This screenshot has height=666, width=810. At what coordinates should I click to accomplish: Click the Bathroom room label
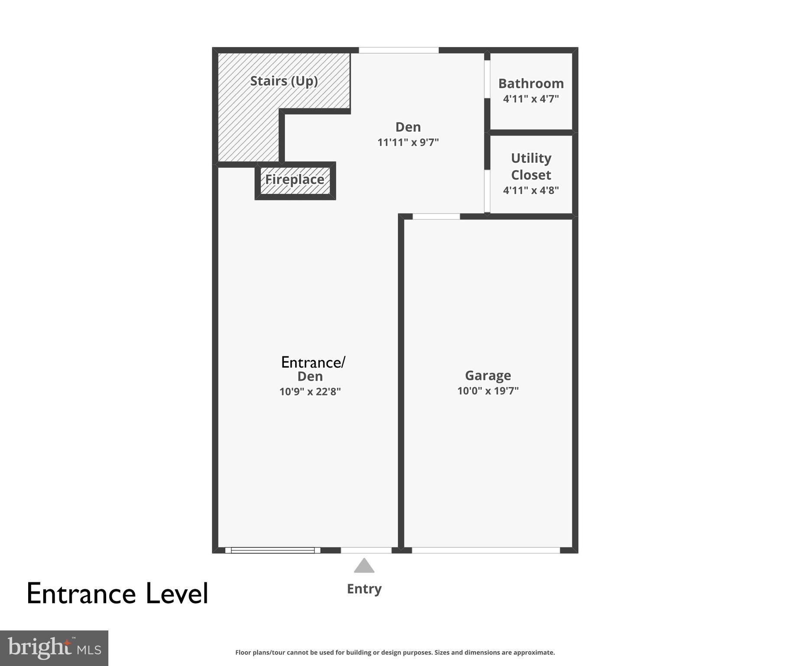tap(530, 83)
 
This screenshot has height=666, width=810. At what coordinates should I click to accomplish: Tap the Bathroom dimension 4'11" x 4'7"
tap(530, 99)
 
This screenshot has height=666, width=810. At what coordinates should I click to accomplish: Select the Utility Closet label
tap(530, 166)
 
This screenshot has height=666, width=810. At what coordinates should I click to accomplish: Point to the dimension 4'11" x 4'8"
tap(530, 190)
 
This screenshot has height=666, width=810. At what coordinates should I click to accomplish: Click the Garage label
tap(488, 375)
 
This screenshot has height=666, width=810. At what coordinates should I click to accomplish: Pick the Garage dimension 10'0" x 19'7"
tap(488, 391)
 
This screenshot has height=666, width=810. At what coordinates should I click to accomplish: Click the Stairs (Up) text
tap(284, 81)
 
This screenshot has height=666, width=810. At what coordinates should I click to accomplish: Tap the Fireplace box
tap(295, 180)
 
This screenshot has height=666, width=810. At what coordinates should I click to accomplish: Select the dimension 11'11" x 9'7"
tap(408, 142)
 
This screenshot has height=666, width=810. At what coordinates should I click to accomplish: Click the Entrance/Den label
tap(312, 369)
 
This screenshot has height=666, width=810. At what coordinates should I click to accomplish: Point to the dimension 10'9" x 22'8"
tap(310, 392)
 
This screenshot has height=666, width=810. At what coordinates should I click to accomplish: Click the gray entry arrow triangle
tap(364, 566)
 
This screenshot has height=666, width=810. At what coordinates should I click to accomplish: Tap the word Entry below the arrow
tap(364, 589)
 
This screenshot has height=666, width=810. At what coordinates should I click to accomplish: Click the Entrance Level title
tap(117, 594)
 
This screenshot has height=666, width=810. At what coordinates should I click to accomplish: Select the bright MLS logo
tap(54, 648)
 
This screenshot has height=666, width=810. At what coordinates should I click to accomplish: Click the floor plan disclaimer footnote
tap(395, 652)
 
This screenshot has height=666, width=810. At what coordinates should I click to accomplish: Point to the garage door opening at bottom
tap(485, 550)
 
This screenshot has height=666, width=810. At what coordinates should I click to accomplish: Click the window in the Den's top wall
tap(399, 50)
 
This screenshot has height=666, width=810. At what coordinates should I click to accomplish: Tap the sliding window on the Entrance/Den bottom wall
tap(273, 550)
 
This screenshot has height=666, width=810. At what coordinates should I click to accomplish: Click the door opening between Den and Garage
tap(436, 216)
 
